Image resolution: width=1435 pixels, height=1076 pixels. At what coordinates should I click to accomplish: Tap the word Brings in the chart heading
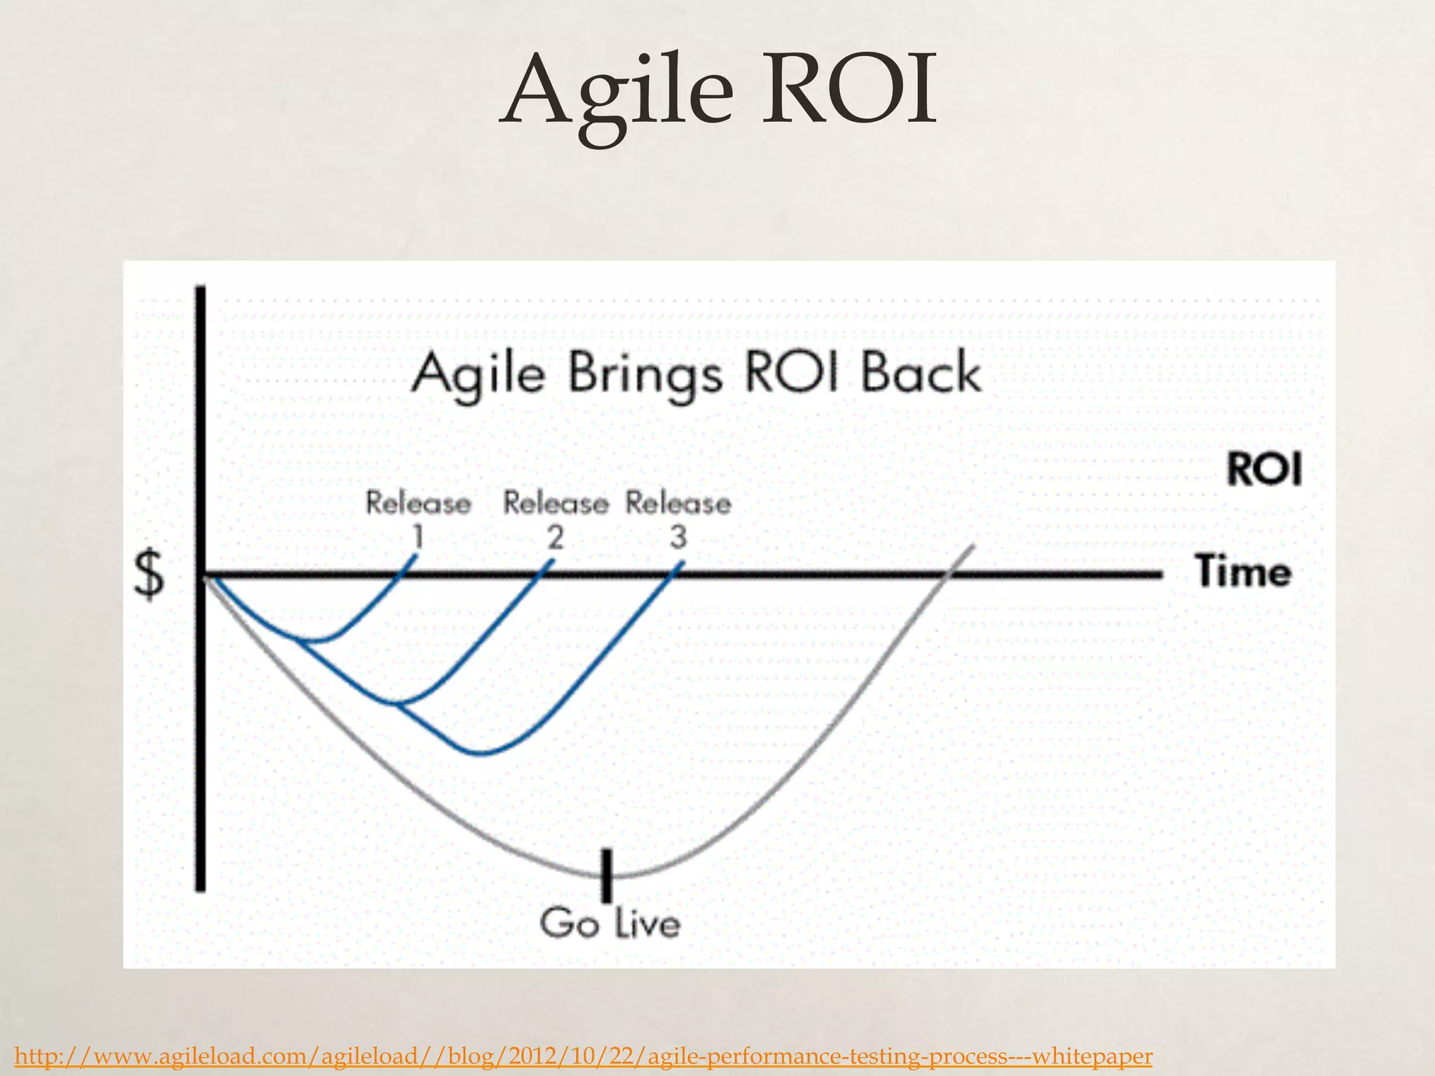click(644, 375)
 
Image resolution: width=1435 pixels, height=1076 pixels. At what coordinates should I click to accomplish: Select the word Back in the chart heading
click(921, 373)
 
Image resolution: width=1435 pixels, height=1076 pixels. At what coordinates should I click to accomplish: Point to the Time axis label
click(1243, 572)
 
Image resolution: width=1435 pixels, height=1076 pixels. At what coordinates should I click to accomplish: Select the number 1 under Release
click(418, 538)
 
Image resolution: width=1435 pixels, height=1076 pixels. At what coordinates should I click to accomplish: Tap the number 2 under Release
click(555, 538)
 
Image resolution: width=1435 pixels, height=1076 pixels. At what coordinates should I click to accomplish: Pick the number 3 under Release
click(678, 538)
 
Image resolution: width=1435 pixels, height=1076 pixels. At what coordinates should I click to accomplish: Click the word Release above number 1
click(418, 504)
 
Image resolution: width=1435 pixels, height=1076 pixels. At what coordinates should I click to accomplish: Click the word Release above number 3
click(678, 504)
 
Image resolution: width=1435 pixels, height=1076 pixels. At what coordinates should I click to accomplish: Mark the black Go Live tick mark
click(607, 876)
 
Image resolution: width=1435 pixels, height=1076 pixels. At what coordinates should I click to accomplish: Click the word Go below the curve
click(569, 923)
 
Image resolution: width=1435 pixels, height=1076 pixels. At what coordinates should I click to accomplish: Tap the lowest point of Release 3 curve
click(483, 754)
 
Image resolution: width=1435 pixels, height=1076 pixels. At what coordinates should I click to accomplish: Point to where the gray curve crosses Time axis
click(947, 575)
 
